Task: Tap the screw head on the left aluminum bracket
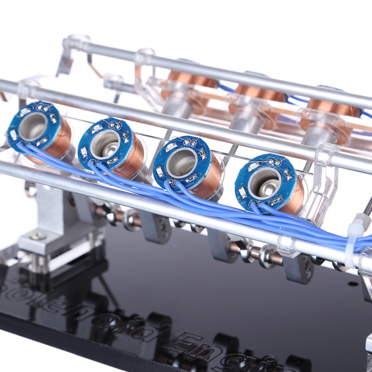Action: tap(38, 236)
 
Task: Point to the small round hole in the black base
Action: tap(352, 283)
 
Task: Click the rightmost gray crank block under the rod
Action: tap(298, 269)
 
